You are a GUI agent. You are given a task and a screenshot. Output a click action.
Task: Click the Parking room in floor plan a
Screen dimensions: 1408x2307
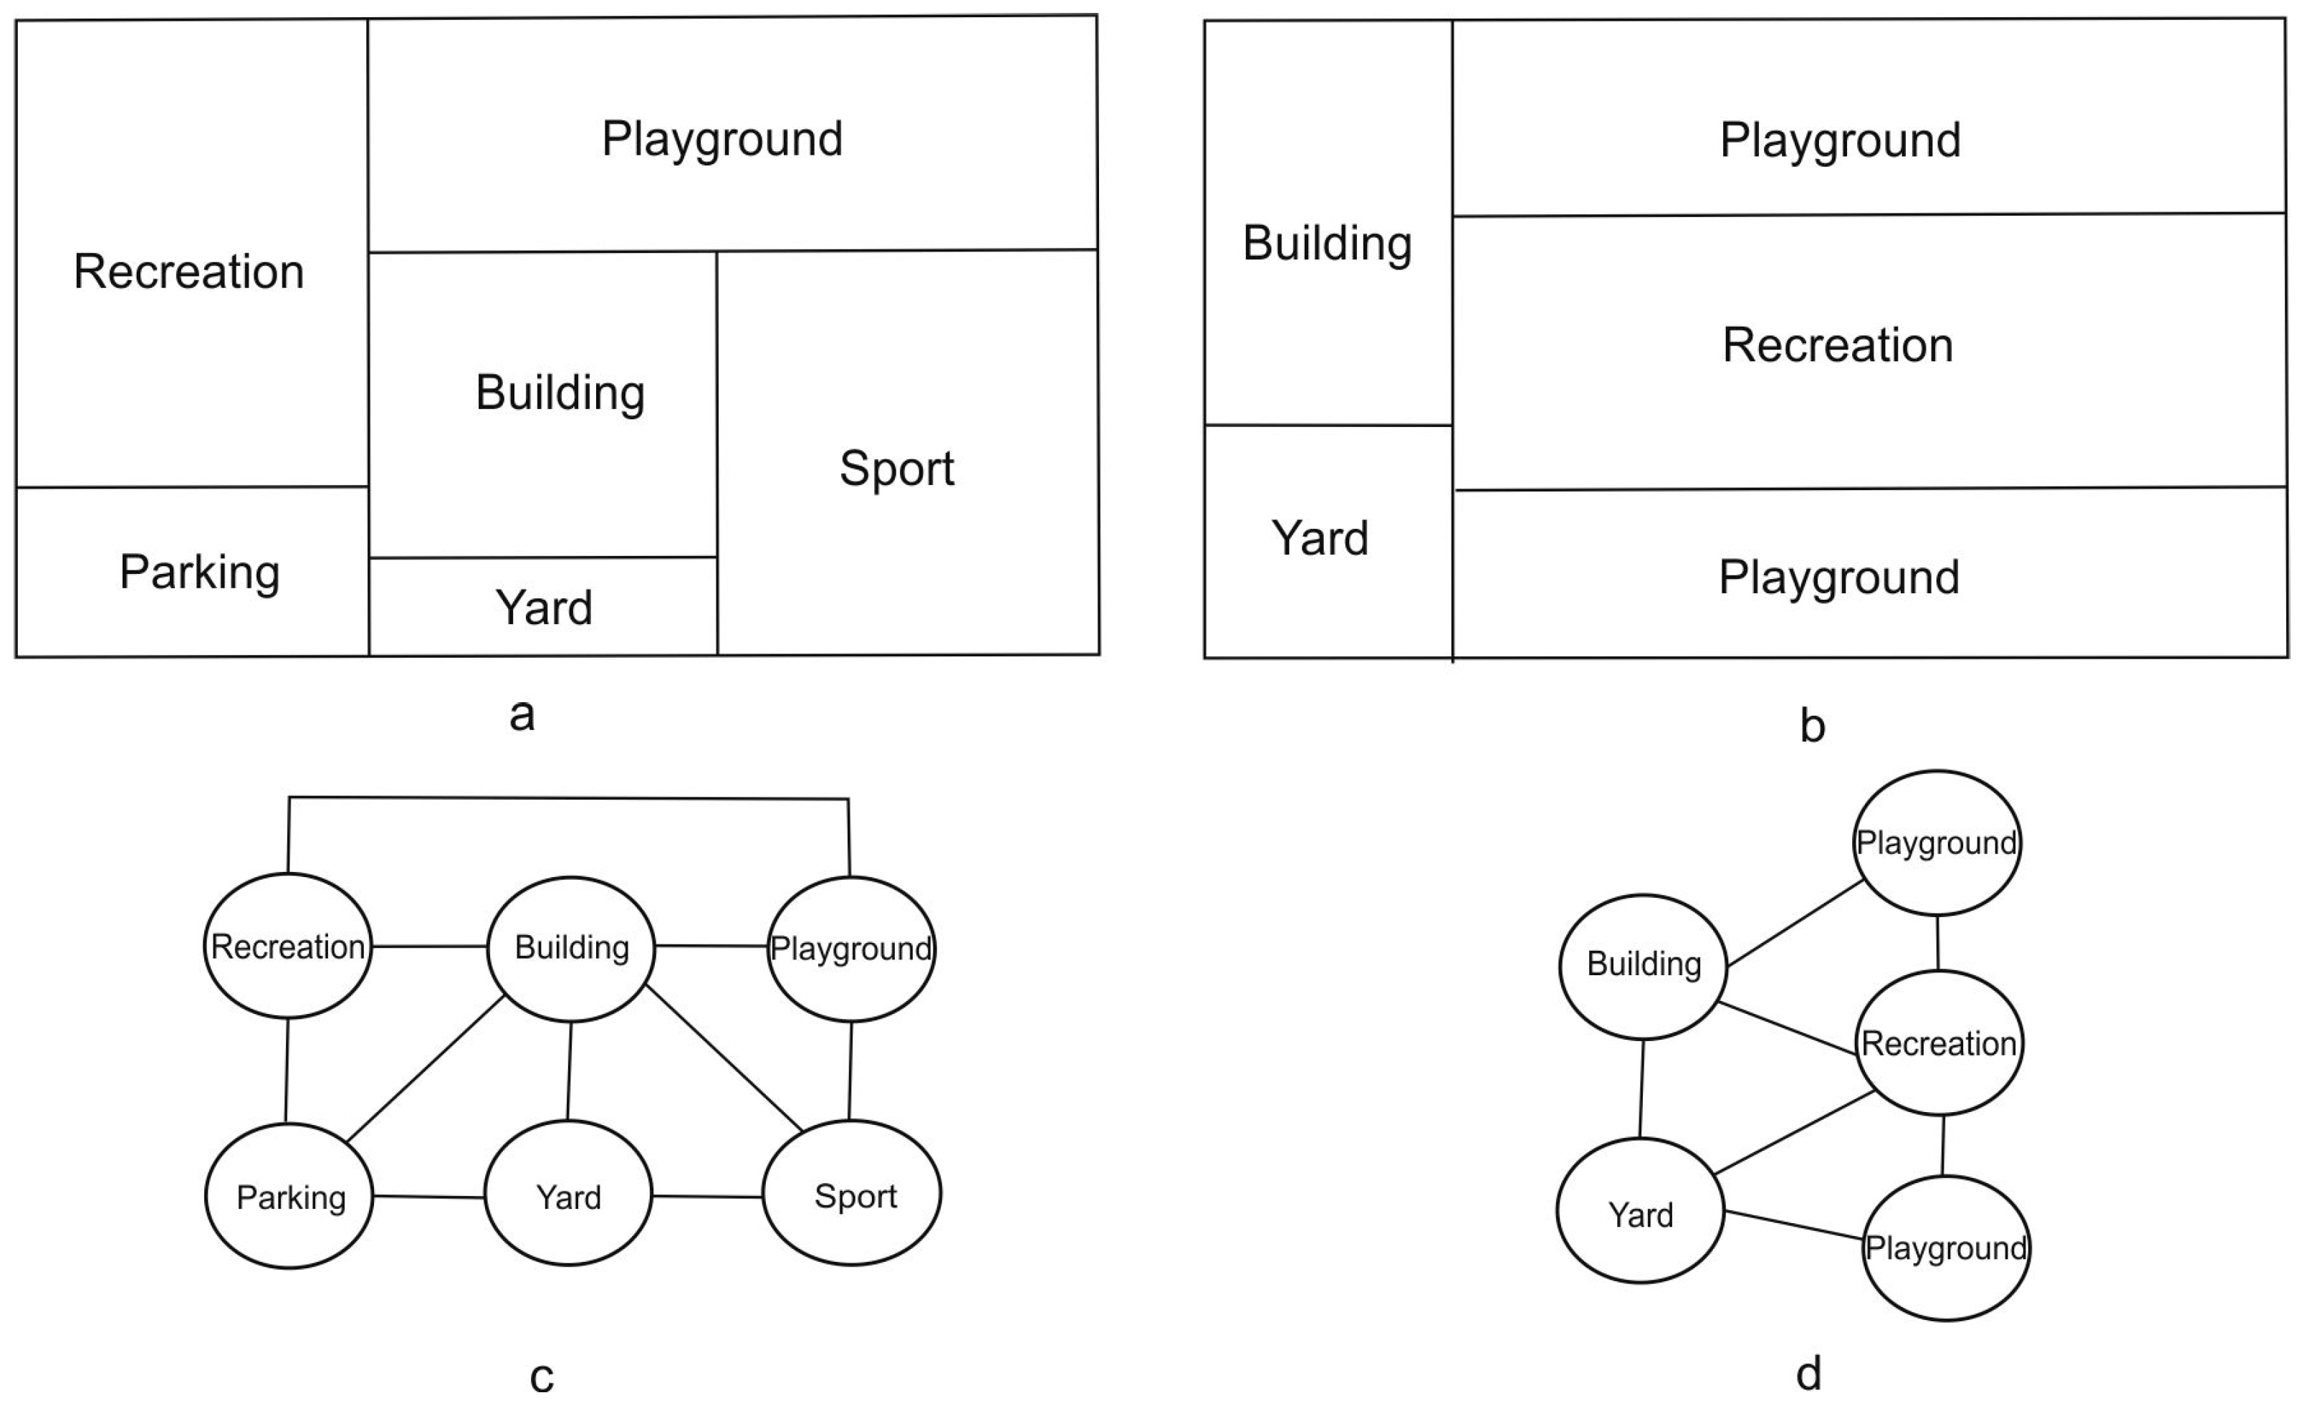(198, 573)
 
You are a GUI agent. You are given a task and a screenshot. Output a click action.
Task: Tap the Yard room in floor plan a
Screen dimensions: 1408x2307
(543, 608)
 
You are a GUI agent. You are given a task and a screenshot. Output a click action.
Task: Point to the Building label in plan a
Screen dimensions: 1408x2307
(560, 392)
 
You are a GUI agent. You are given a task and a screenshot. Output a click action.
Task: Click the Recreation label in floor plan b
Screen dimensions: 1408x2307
(1837, 345)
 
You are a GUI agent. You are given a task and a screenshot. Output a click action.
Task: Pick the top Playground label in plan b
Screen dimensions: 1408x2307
(1840, 140)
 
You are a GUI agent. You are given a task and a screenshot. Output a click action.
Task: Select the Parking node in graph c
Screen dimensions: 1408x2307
(289, 1197)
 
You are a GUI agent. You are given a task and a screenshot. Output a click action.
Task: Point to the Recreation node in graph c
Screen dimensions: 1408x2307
(287, 947)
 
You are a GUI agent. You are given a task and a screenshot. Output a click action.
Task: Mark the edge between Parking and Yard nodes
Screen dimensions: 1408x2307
(429, 1197)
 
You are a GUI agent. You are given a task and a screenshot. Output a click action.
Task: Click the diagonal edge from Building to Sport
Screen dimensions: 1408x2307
(724, 1059)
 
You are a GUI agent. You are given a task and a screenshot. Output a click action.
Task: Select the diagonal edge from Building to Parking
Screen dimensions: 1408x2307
(426, 1068)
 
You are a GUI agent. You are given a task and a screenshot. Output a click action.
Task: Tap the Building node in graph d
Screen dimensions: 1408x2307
(1643, 964)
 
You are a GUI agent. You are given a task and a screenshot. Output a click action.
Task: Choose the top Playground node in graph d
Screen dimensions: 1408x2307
(1936, 843)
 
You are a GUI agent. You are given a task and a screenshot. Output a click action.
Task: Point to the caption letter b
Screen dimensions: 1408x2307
(1812, 727)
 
